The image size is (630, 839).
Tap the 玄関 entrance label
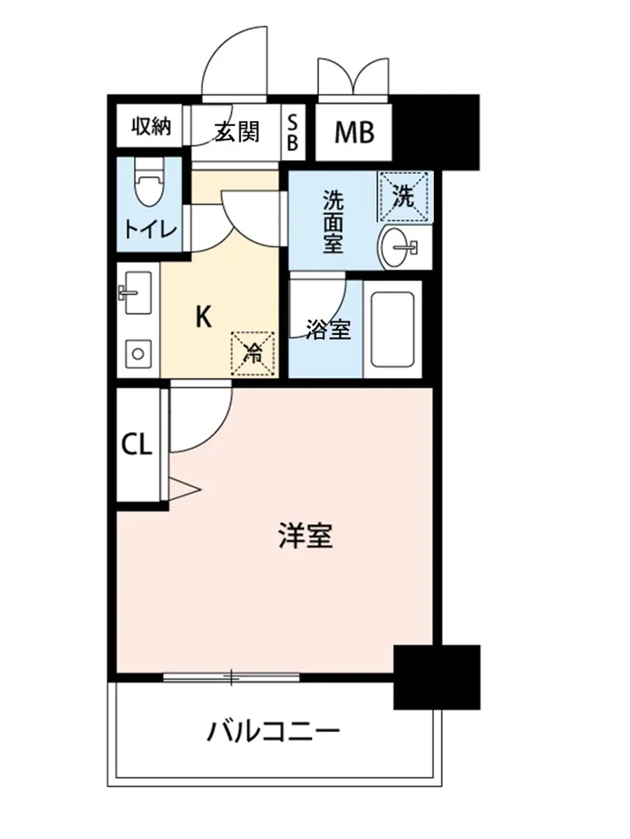(237, 130)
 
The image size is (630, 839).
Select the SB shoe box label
(293, 131)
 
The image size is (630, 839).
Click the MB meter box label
(353, 131)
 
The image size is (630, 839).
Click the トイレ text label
(150, 229)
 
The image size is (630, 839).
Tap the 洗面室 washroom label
(332, 222)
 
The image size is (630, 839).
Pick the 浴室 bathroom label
(328, 330)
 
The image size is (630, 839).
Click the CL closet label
(137, 445)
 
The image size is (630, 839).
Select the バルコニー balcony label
(274, 732)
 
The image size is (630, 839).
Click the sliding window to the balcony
(231, 676)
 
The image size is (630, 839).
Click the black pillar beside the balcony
(437, 676)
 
